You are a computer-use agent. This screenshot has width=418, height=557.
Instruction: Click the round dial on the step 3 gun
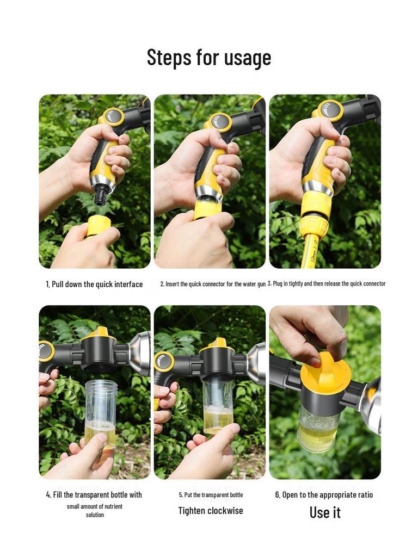(330, 110)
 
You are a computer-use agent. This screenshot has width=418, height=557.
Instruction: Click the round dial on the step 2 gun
(220, 121)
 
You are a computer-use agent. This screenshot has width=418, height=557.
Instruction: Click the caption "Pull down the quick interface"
(94, 284)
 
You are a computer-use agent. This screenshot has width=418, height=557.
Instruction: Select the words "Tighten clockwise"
(211, 511)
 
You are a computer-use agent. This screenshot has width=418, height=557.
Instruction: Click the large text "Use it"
(325, 512)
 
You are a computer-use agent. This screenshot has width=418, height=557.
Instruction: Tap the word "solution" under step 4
(95, 515)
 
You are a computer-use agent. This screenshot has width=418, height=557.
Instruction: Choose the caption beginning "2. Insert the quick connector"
(212, 284)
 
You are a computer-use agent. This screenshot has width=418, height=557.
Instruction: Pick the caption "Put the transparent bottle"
(211, 495)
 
